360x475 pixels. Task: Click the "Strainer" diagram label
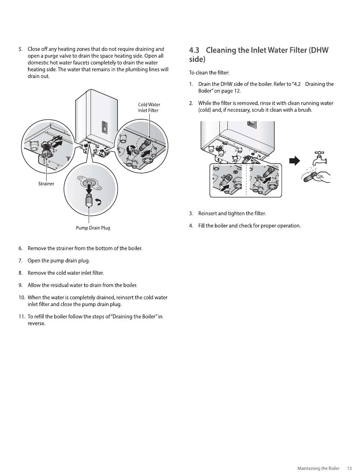pyautogui.click(x=46, y=184)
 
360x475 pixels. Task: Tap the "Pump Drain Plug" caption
pyautogui.click(x=93, y=228)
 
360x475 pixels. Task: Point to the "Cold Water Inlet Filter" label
pyautogui.click(x=149, y=108)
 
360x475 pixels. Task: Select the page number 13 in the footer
pyautogui.click(x=349, y=469)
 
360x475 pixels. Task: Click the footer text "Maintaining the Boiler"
pyautogui.click(x=318, y=469)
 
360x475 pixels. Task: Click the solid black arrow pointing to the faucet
pyautogui.click(x=294, y=161)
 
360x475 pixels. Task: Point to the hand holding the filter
pyautogui.click(x=322, y=177)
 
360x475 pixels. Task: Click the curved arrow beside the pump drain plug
pyautogui.click(x=99, y=203)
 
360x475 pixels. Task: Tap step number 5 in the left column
pyautogui.click(x=20, y=49)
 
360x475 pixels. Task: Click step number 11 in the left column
pyautogui.click(x=22, y=317)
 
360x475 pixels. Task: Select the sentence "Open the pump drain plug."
pyautogui.click(x=59, y=261)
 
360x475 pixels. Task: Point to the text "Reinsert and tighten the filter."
pyautogui.click(x=232, y=214)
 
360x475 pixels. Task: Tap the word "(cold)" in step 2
pyautogui.click(x=205, y=110)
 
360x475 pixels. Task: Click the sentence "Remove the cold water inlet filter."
pyautogui.click(x=66, y=273)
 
